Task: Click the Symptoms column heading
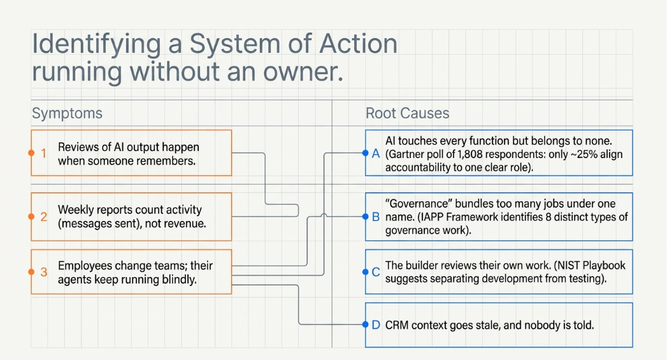click(x=68, y=113)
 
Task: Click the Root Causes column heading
click(x=407, y=113)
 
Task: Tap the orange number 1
click(x=43, y=153)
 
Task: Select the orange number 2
click(x=44, y=217)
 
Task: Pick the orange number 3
click(x=44, y=272)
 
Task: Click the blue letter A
click(x=376, y=153)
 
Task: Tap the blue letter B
click(x=376, y=217)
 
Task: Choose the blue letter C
click(x=376, y=272)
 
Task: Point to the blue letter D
click(x=376, y=325)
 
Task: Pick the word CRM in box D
click(x=396, y=325)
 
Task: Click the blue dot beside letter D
click(x=365, y=325)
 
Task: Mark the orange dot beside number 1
click(x=31, y=153)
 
